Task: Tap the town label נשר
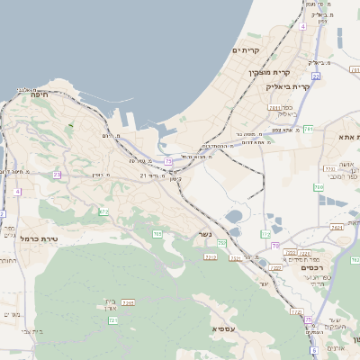pos(204,237)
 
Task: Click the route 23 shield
pos(57,175)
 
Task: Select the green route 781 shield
pos(309,130)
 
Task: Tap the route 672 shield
pos(103,211)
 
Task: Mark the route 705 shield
pos(157,234)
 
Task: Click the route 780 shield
pos(318,186)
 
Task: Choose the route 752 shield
pos(221,243)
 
